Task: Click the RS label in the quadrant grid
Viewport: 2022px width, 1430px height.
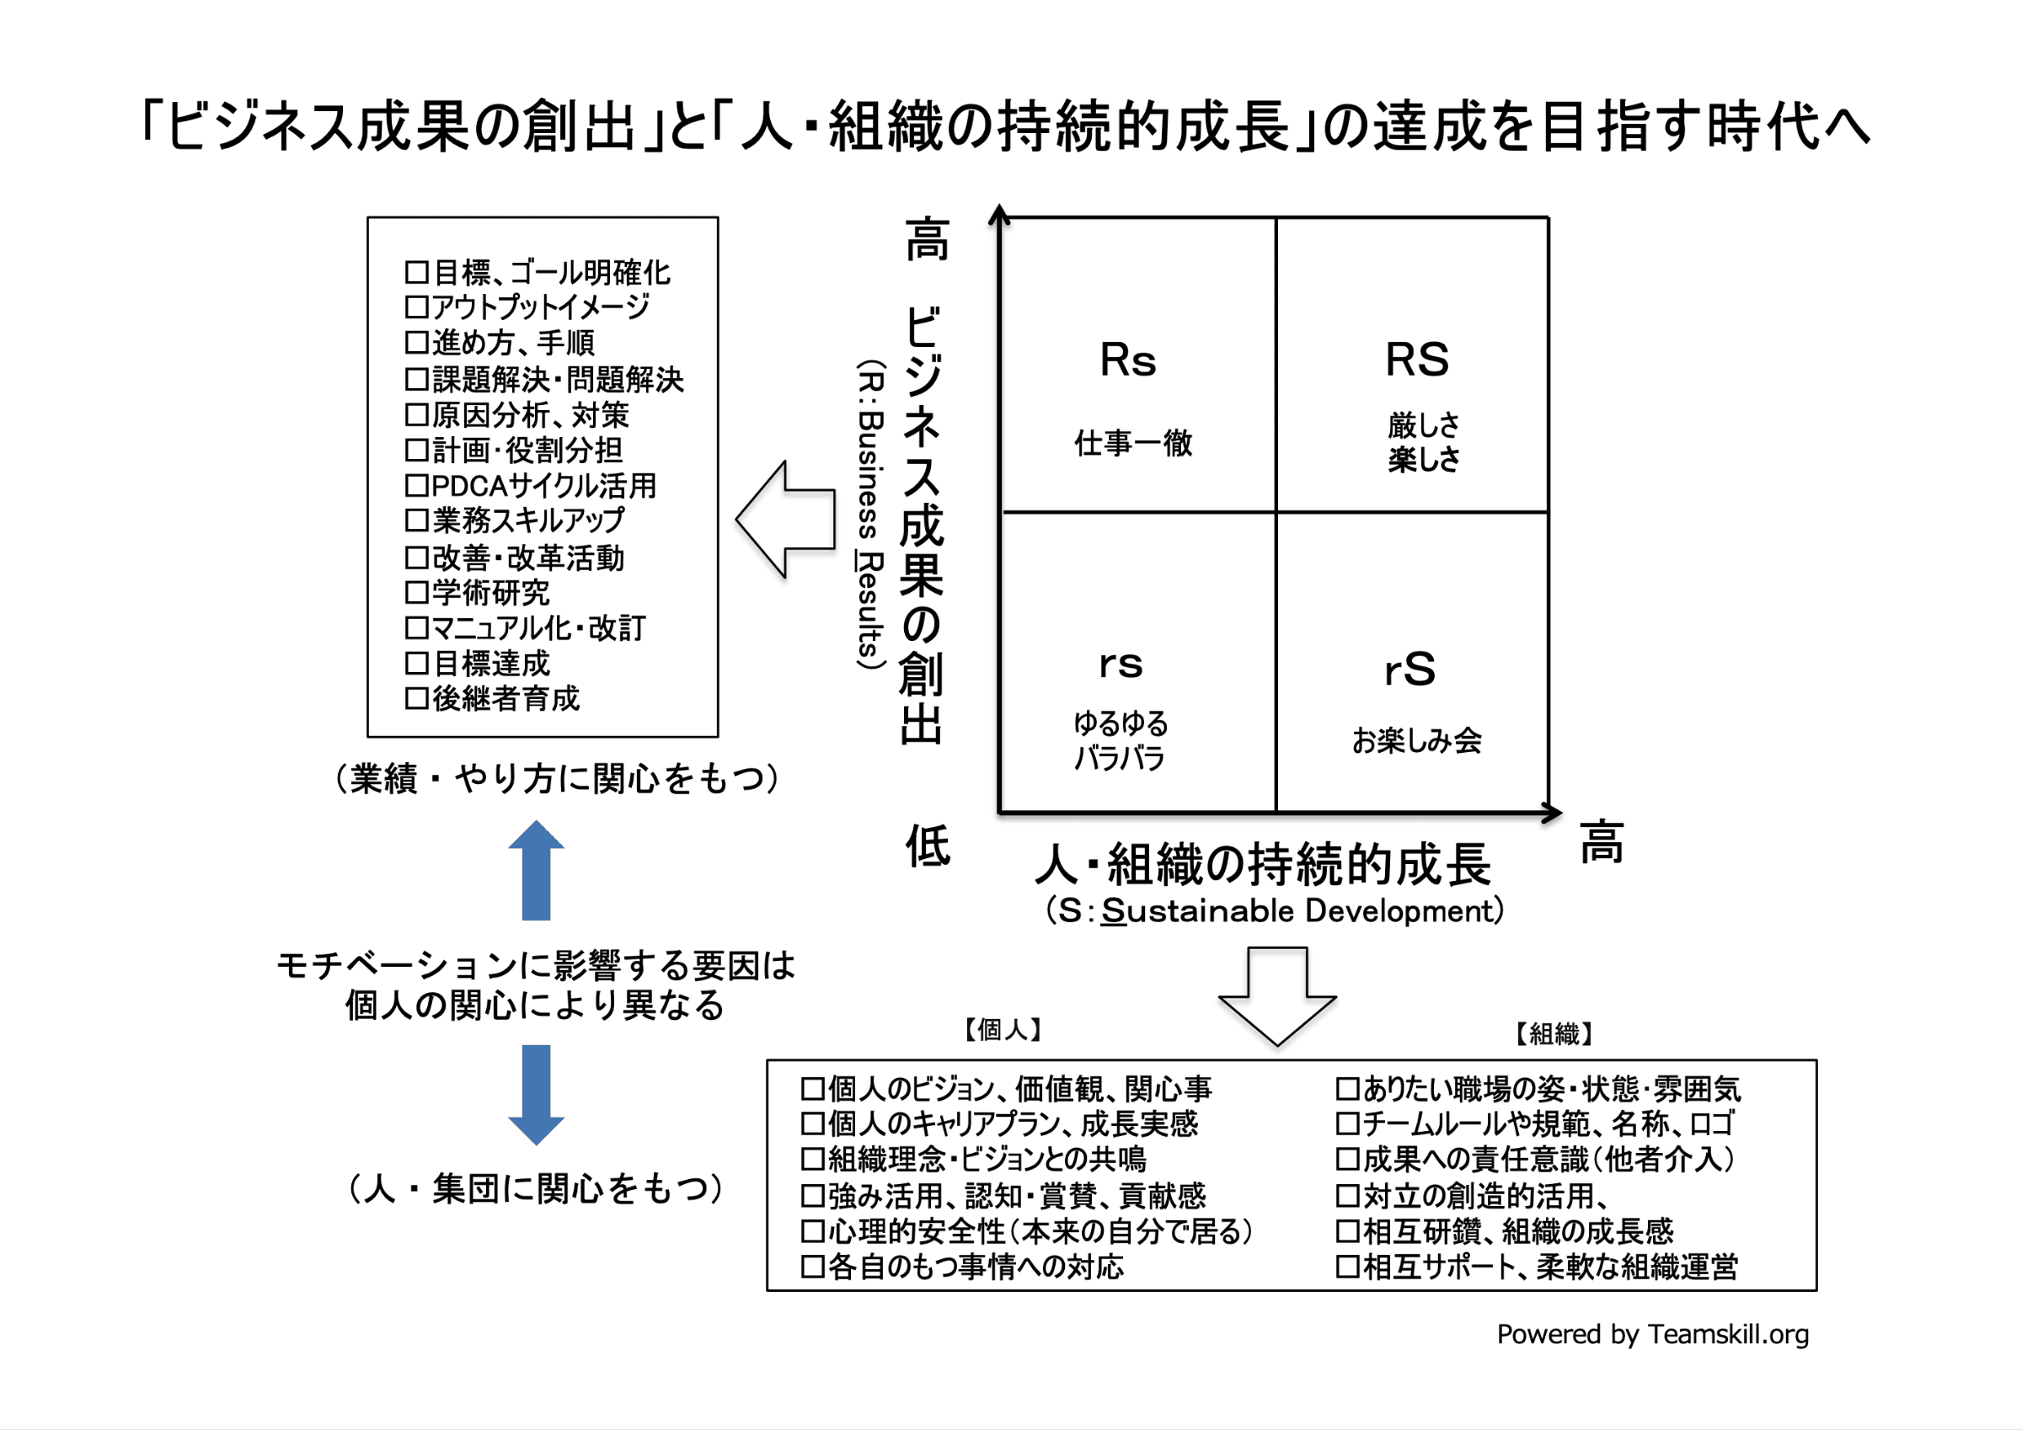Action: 1416,360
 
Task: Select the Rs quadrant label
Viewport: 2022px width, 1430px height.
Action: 1127,360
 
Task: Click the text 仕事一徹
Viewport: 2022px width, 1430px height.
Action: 1132,443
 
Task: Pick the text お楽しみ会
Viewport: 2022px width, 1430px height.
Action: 1416,740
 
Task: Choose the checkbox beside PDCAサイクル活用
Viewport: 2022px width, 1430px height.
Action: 416,486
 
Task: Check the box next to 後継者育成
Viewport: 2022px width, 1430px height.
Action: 416,699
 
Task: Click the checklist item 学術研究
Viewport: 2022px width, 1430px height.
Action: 490,593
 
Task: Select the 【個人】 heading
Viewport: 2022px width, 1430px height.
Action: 1003,1029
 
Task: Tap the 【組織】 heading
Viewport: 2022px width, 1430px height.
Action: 1554,1033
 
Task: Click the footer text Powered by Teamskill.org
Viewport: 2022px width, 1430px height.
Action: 1652,1335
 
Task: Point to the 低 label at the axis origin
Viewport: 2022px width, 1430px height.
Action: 928,846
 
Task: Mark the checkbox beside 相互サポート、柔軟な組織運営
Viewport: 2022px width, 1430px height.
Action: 1347,1267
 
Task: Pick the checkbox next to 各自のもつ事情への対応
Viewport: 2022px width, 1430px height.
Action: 813,1267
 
